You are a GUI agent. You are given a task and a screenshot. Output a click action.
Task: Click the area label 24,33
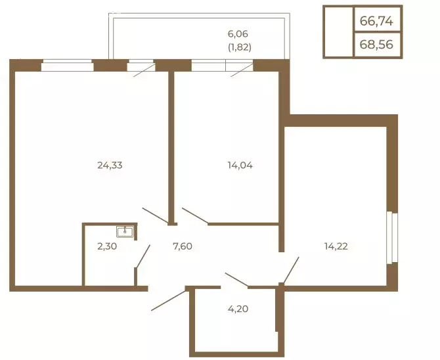tap(110, 166)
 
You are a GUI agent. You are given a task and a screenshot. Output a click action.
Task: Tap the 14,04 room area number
tap(240, 166)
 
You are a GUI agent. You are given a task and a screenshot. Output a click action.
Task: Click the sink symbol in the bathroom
tap(125, 231)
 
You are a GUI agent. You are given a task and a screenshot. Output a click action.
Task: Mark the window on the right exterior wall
tap(391, 237)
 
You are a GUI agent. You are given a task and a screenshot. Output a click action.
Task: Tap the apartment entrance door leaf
tap(169, 299)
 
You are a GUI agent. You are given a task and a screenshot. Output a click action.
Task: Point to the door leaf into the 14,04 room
tap(195, 216)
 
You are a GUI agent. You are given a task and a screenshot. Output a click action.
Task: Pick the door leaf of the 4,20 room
tap(236, 280)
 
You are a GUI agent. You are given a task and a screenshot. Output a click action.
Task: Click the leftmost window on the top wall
tap(67, 65)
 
